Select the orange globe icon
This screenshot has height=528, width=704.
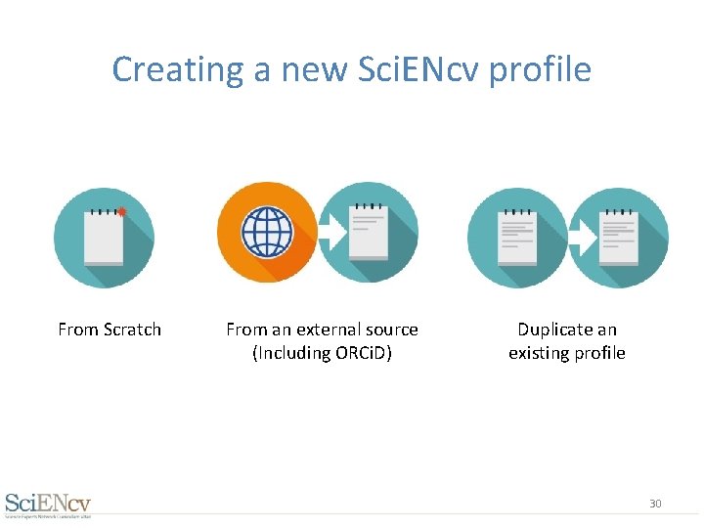pyautogui.click(x=267, y=233)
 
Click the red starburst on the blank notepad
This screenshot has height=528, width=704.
pyautogui.click(x=122, y=211)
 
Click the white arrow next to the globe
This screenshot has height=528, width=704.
pyautogui.click(x=332, y=233)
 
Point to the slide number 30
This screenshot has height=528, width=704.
pyautogui.click(x=655, y=504)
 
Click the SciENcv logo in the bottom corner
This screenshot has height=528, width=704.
pyautogui.click(x=48, y=504)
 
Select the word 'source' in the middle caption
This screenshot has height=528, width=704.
pyautogui.click(x=391, y=330)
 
